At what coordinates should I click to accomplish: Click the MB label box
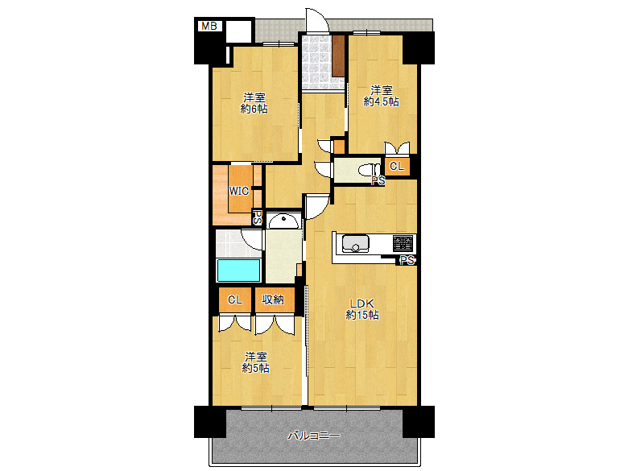[209, 27]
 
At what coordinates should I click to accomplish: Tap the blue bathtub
[238, 271]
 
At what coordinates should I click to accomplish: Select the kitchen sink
[355, 243]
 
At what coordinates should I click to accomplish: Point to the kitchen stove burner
[403, 243]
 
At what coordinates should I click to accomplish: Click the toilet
[369, 170]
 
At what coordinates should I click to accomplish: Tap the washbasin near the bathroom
[284, 221]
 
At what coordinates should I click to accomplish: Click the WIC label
[238, 191]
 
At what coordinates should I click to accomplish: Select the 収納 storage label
[273, 300]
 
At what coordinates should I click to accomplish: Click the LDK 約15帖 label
[362, 309]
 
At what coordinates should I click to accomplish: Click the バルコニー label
[314, 435]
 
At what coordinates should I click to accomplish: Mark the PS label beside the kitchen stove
[407, 260]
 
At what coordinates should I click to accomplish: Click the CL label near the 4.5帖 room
[396, 166]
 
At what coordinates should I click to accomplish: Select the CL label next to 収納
[235, 300]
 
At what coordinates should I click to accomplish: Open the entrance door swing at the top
[317, 20]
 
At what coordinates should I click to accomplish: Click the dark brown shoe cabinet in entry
[338, 56]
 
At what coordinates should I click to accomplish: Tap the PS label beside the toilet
[378, 180]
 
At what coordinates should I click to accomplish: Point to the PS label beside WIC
[258, 218]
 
